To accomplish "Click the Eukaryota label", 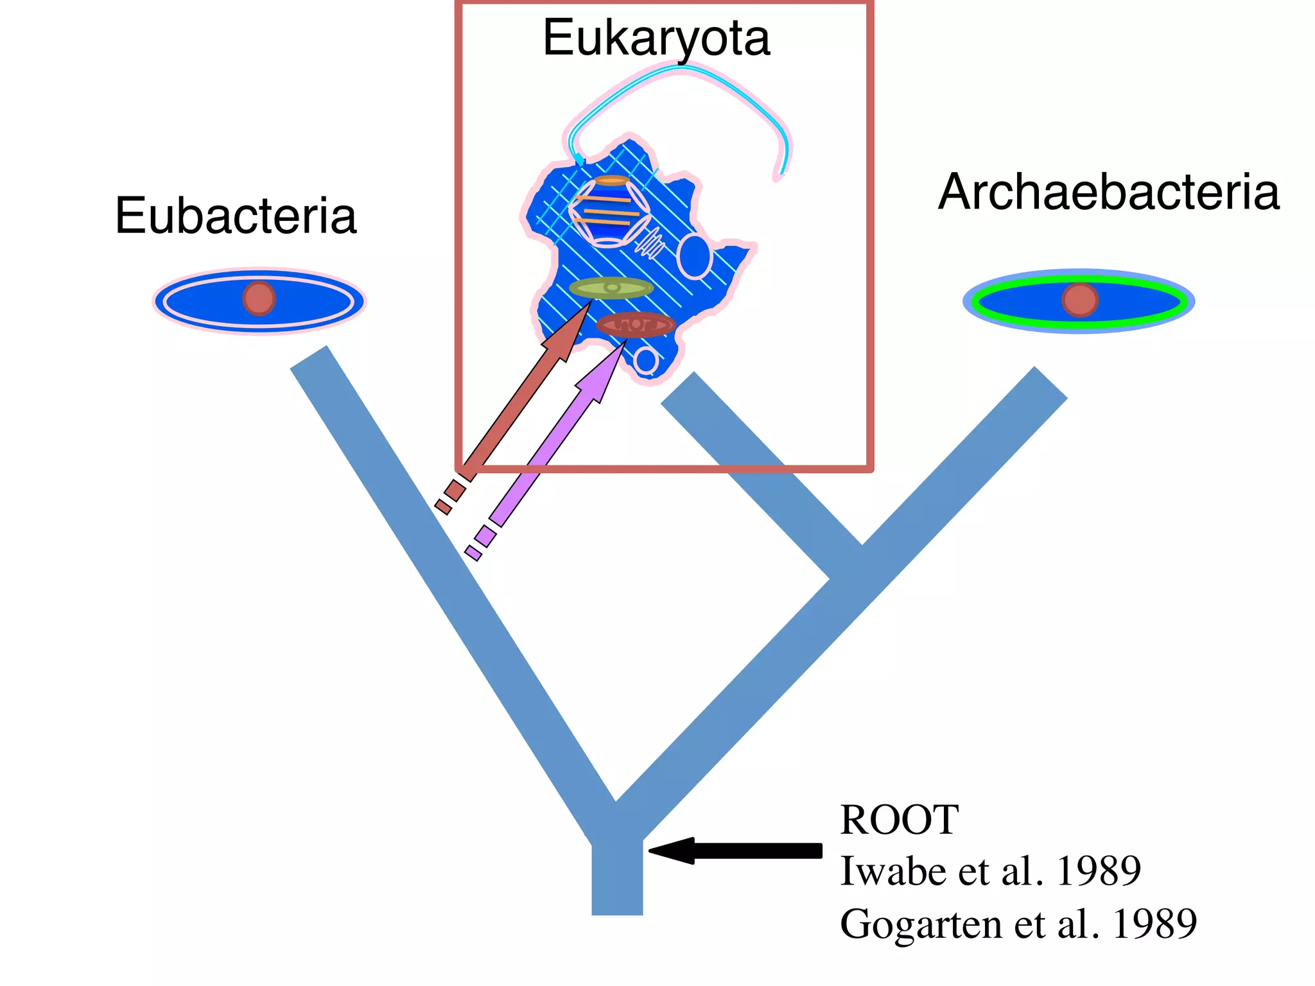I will click(x=656, y=39).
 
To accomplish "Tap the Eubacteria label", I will click(x=236, y=216).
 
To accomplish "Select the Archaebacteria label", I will click(x=1109, y=192).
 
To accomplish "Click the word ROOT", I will click(x=899, y=820).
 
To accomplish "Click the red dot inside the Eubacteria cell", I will click(x=259, y=298).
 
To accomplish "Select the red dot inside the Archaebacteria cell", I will click(x=1079, y=300).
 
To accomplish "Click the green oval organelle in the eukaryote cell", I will click(x=611, y=288).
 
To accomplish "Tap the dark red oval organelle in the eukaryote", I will click(x=635, y=325).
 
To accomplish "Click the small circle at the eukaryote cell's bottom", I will click(x=645, y=361).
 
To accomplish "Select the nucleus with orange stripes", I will click(x=609, y=211).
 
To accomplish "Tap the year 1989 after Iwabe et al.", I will click(x=1098, y=871).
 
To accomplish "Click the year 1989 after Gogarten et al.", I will click(x=1154, y=924).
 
